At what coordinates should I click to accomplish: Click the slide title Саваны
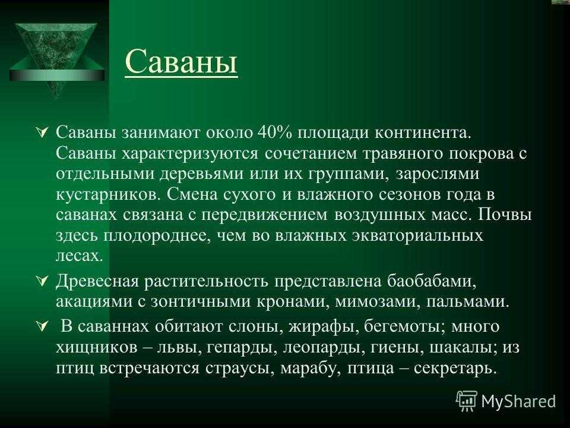click(x=181, y=61)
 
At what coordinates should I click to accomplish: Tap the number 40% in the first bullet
click(x=274, y=133)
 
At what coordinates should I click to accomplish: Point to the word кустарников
click(x=108, y=195)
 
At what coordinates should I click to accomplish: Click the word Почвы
click(x=505, y=215)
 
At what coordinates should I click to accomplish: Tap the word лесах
click(x=80, y=256)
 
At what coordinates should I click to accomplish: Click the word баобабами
click(x=431, y=281)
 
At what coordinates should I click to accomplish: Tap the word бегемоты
click(x=404, y=326)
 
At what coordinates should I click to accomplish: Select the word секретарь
click(x=455, y=369)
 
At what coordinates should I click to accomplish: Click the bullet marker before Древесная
click(x=42, y=281)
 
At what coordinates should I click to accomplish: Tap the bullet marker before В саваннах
click(x=42, y=326)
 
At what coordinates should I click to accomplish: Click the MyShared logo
click(x=506, y=401)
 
